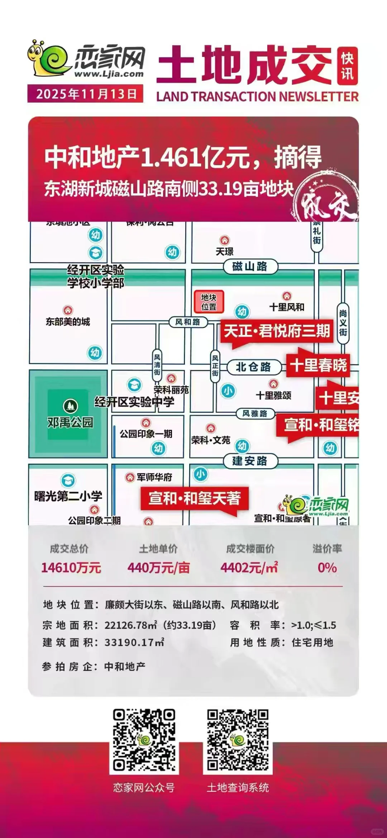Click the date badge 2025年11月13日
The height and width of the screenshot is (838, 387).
click(x=85, y=94)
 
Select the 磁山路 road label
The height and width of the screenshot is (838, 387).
click(x=250, y=266)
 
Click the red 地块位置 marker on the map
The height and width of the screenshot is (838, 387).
click(x=209, y=302)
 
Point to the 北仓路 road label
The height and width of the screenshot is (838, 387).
click(x=253, y=367)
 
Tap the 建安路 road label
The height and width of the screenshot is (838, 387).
click(x=250, y=461)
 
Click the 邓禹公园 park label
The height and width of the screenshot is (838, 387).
click(x=70, y=422)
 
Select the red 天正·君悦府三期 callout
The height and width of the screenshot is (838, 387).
click(x=276, y=331)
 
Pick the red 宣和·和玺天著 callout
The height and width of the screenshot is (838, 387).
click(x=195, y=498)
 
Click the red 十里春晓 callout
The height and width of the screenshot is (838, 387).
click(x=318, y=365)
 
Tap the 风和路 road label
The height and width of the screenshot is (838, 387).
click(x=188, y=322)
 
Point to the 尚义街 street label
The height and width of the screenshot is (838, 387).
click(x=343, y=323)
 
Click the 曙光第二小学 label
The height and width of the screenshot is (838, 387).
click(x=68, y=496)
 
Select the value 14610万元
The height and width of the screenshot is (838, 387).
click(x=71, y=568)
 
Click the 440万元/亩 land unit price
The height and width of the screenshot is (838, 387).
click(x=158, y=568)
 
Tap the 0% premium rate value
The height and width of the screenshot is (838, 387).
click(x=327, y=568)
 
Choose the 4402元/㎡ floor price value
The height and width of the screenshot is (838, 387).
click(x=249, y=568)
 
